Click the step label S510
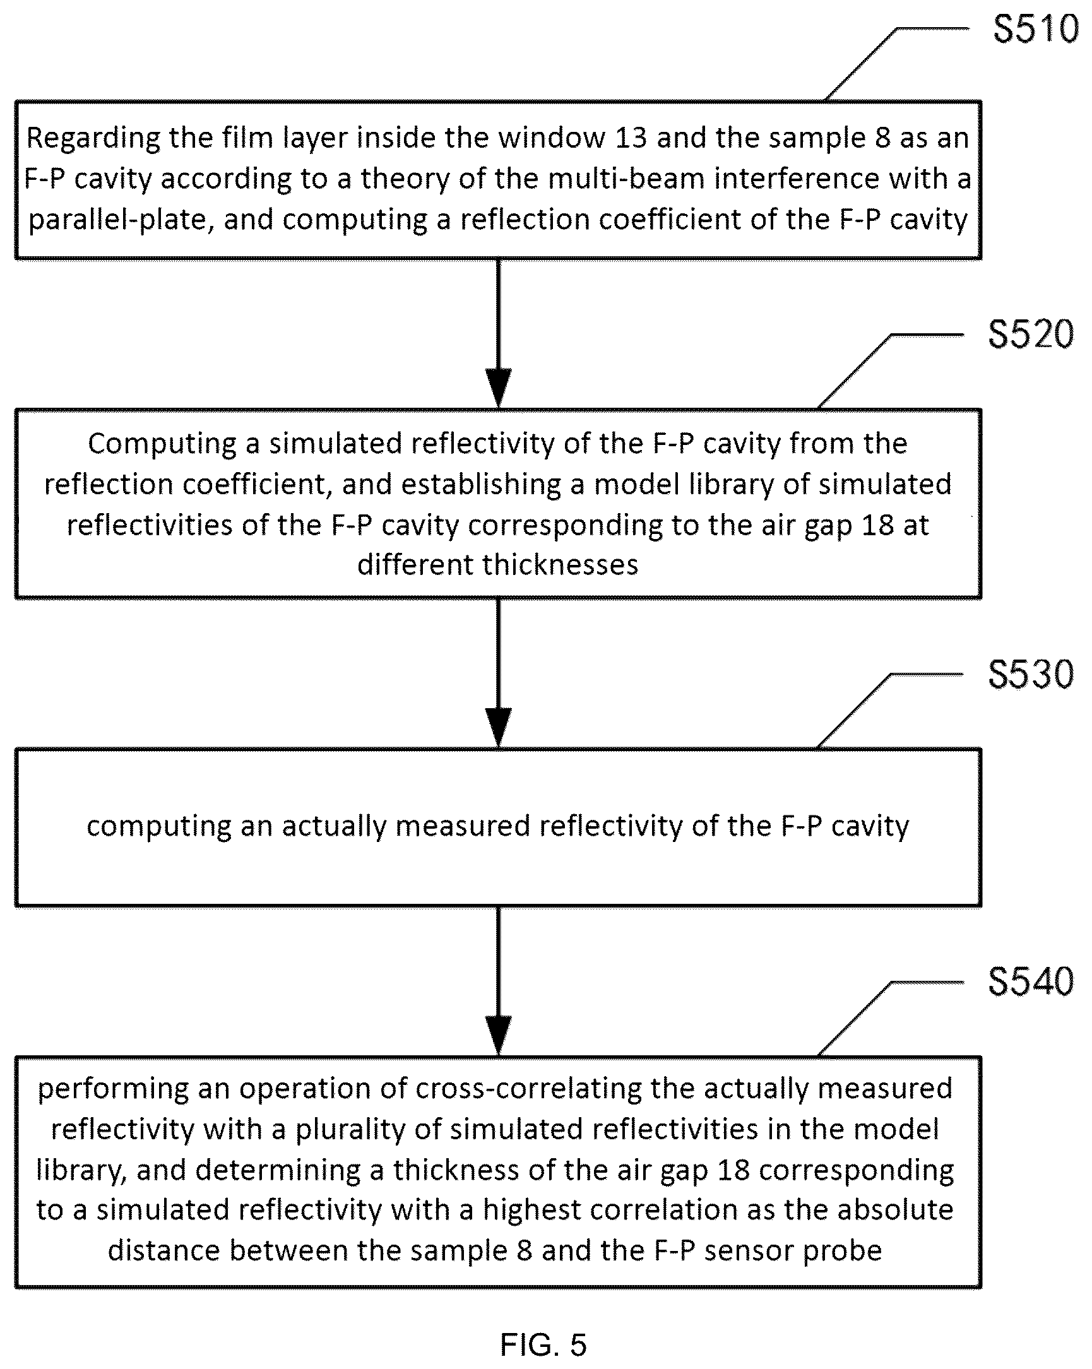[1035, 29]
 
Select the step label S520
[1031, 335]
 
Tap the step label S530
[1031, 674]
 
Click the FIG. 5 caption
[543, 1344]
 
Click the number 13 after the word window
[631, 138]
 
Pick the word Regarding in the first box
[85, 139]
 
